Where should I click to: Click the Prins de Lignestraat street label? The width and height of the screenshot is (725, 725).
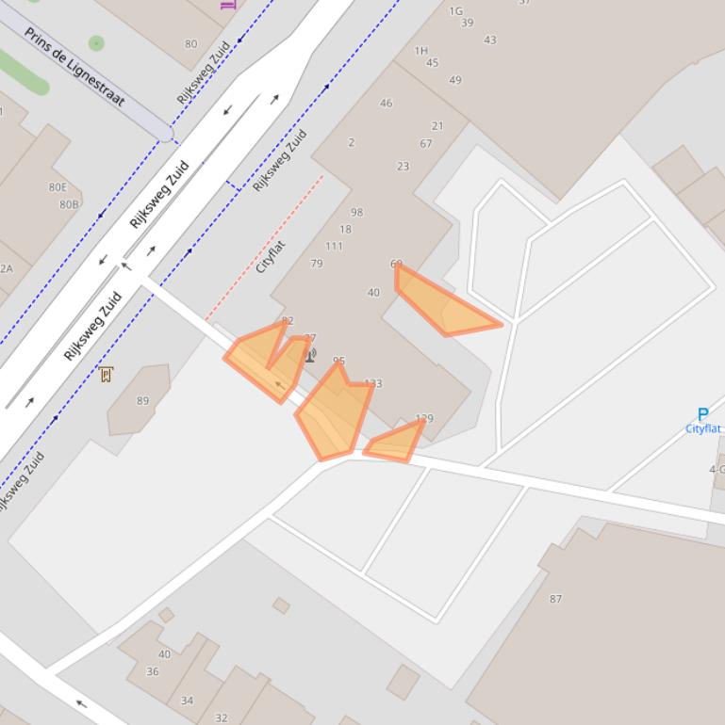coord(74,67)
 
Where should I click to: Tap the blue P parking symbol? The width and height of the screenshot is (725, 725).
coord(702,414)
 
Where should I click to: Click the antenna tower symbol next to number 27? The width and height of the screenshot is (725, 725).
coord(310,355)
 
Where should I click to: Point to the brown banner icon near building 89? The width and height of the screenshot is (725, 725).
coord(106,375)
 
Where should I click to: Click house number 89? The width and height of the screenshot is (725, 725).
coord(142,401)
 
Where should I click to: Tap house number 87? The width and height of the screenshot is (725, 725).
coord(555,599)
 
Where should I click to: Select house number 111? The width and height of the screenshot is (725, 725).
coord(334,247)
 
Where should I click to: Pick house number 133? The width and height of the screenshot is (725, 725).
coord(373,384)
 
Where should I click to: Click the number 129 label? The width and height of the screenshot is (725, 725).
coord(424,419)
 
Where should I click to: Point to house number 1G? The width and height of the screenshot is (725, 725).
coord(455,11)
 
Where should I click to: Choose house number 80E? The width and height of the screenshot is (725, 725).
coord(58,187)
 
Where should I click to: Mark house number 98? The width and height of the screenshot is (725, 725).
coord(356,213)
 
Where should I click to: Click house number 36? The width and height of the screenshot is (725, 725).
coord(152,671)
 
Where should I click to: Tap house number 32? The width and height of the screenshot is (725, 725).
coord(221,717)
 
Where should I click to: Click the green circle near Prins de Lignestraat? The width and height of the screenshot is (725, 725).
coord(96,42)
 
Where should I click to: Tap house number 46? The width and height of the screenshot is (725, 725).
coord(386,104)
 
